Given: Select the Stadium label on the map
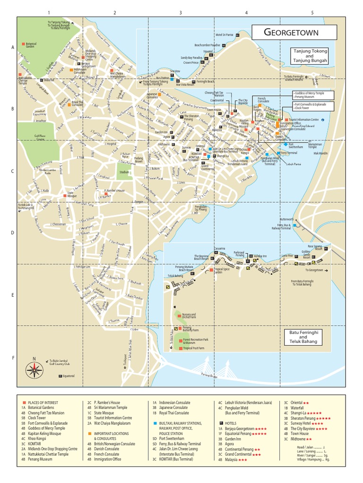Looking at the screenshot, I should [124, 173].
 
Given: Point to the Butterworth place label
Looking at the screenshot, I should [287, 219].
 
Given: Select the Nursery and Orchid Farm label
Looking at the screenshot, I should [189, 316].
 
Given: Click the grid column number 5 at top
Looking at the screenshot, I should [312, 13].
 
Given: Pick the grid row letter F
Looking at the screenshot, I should [13, 358].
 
